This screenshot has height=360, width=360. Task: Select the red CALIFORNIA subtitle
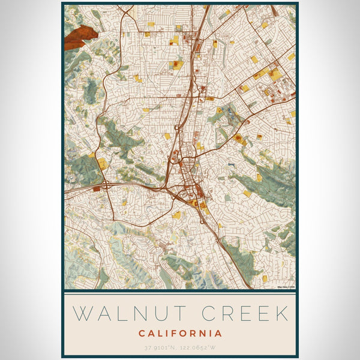coord(180,333)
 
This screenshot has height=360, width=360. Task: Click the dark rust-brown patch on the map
coord(79,38)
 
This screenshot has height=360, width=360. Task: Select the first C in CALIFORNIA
coord(142,333)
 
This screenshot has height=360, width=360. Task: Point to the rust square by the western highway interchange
coord(97,188)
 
